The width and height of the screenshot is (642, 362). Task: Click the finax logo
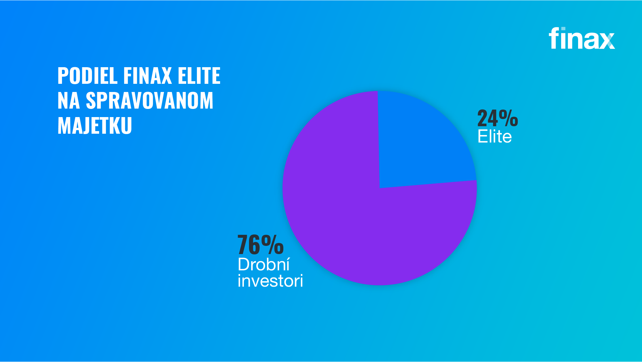click(x=582, y=38)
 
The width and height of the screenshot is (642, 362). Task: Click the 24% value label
click(x=498, y=118)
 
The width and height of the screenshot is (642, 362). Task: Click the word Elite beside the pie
click(x=495, y=136)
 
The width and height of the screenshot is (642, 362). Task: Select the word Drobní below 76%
click(x=263, y=264)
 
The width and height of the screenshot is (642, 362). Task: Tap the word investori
click(x=270, y=281)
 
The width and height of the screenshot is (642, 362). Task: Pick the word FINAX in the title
click(x=148, y=76)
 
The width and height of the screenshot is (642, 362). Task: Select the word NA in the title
click(x=68, y=100)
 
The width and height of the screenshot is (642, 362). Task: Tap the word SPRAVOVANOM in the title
click(x=149, y=100)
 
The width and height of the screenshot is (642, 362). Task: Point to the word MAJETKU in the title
click(x=95, y=126)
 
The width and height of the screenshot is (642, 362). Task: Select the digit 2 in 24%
click(x=483, y=118)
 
